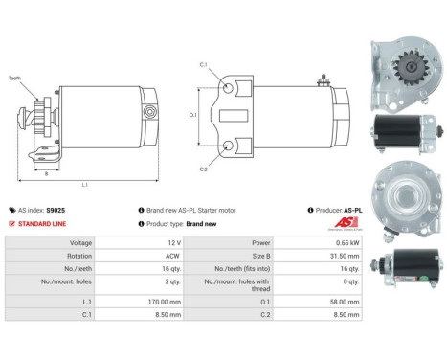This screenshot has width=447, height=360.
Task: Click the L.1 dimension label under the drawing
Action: click(85, 184)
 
